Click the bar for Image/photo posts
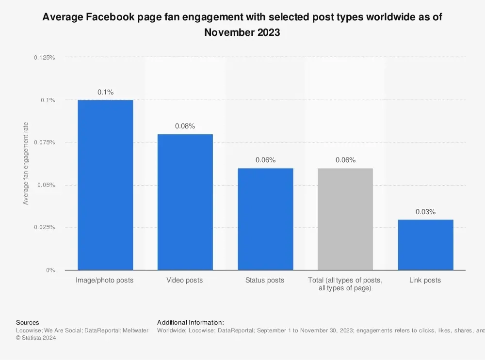click(105, 185)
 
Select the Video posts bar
click(185, 202)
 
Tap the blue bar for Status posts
click(265, 219)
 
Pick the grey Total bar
click(345, 219)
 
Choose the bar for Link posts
click(425, 245)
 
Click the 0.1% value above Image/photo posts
click(105, 92)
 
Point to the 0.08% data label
click(185, 126)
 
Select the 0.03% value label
click(425, 212)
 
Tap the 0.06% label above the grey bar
click(345, 160)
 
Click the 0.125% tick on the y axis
click(45, 58)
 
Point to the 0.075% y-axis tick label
click(45, 142)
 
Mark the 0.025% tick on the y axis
click(45, 227)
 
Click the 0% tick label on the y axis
click(50, 270)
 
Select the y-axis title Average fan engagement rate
click(26, 163)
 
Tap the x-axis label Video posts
click(185, 280)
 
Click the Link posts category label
click(425, 280)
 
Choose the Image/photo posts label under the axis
click(105, 280)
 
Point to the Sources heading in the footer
click(28, 322)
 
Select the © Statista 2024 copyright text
click(36, 338)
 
